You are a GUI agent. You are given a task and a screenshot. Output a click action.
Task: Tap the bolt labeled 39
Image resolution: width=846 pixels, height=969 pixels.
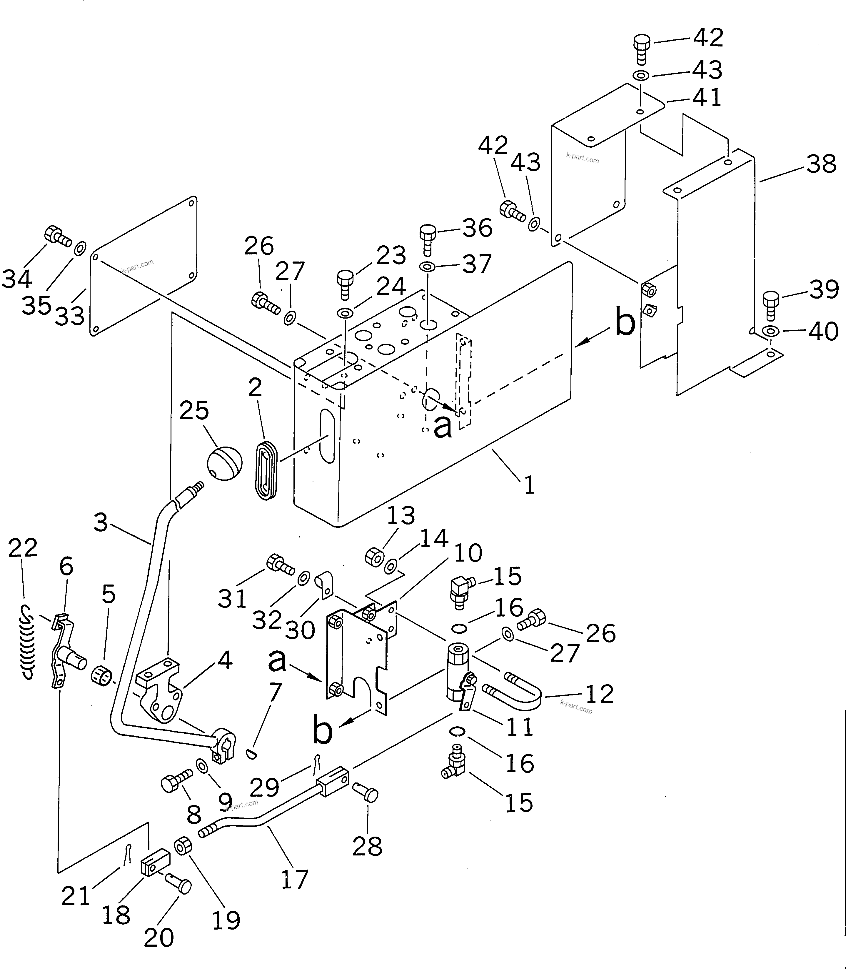point(770,305)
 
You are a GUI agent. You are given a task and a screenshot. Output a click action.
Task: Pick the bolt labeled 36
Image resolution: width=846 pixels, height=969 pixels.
point(427,239)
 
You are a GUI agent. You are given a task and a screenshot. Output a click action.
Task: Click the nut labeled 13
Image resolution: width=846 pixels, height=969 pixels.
point(374,557)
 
